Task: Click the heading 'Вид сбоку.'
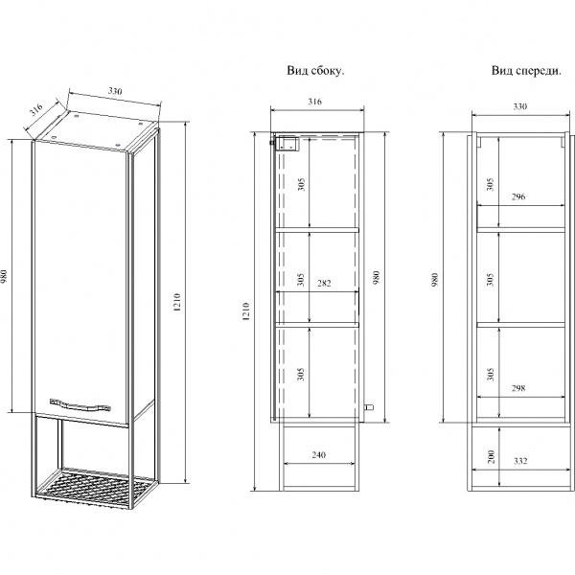click(x=315, y=70)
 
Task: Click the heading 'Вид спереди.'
click(x=526, y=70)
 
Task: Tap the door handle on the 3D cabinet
click(x=80, y=403)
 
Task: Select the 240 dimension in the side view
click(x=319, y=455)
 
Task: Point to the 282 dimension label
click(x=324, y=283)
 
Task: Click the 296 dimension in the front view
click(x=518, y=196)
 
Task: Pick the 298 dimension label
click(x=518, y=388)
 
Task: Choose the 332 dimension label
click(x=520, y=461)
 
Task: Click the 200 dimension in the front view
click(x=492, y=456)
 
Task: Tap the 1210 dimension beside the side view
click(x=245, y=312)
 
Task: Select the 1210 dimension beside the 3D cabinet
click(x=176, y=302)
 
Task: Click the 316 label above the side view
click(x=314, y=102)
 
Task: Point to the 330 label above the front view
click(x=520, y=106)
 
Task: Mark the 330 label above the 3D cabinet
click(x=115, y=91)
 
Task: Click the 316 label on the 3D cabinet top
click(x=36, y=109)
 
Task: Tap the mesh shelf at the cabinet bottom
click(x=95, y=486)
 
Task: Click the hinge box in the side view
click(x=287, y=144)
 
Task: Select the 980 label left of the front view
click(x=435, y=280)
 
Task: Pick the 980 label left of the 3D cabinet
click(x=5, y=277)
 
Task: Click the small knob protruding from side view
click(x=369, y=406)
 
